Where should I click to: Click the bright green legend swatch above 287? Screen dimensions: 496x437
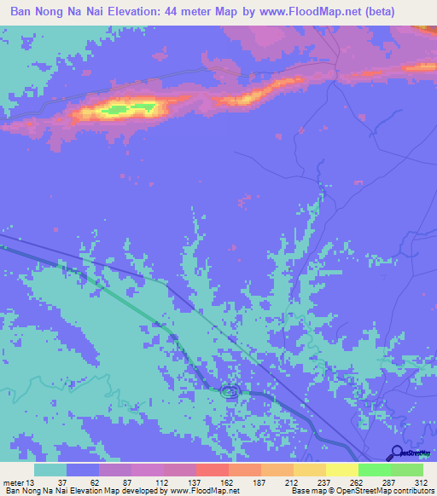coord(374,470)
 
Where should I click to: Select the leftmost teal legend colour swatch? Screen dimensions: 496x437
coord(50,470)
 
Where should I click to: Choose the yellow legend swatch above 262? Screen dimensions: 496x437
coord(341,470)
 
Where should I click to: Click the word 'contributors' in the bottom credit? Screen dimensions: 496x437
coord(407,490)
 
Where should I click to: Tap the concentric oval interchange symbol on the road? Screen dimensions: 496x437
coord(229,392)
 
